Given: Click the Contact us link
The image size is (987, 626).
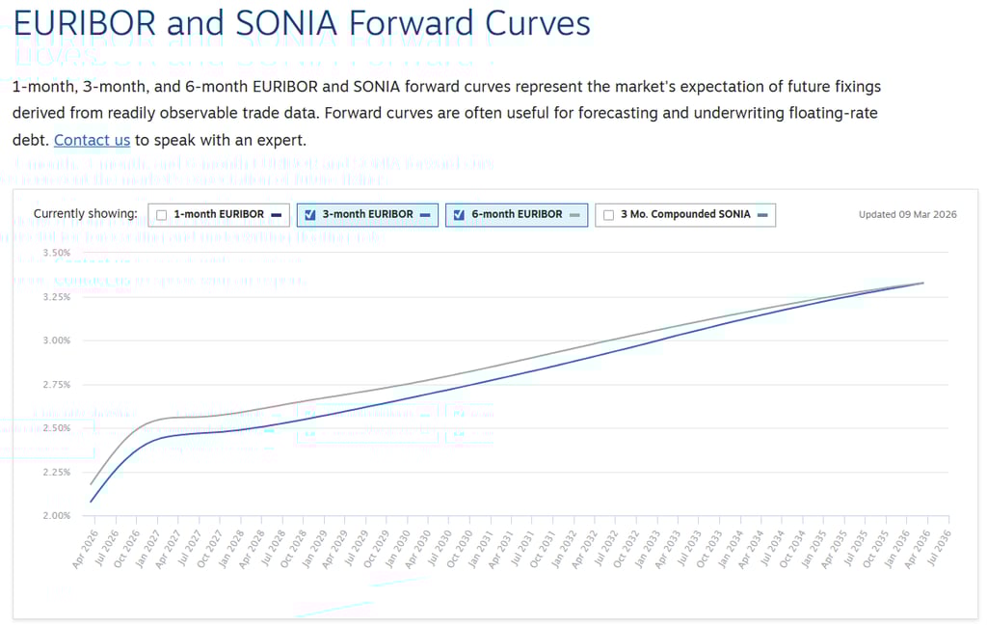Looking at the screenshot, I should (x=92, y=140).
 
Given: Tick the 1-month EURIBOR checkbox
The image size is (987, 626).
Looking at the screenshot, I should (x=162, y=215).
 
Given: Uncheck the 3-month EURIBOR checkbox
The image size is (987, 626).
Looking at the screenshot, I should (x=310, y=215).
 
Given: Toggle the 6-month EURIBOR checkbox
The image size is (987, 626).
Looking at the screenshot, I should (x=459, y=215).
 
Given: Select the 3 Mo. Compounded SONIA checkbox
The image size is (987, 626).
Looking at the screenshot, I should (x=608, y=215).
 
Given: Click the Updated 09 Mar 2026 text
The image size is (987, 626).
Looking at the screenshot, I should (x=907, y=215).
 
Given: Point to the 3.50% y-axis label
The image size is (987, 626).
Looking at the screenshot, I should (x=57, y=253).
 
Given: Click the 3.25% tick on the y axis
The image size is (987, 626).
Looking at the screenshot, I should (x=57, y=297).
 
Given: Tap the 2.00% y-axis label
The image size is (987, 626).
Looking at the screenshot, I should (x=57, y=515).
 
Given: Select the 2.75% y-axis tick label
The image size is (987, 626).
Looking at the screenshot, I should (x=57, y=384).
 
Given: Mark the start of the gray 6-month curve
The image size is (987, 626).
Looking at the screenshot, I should (x=92, y=483).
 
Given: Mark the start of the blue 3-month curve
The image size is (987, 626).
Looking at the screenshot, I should (x=92, y=502).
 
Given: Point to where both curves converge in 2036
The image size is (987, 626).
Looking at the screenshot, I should (x=923, y=283).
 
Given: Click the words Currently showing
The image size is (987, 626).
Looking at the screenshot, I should (x=86, y=214).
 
